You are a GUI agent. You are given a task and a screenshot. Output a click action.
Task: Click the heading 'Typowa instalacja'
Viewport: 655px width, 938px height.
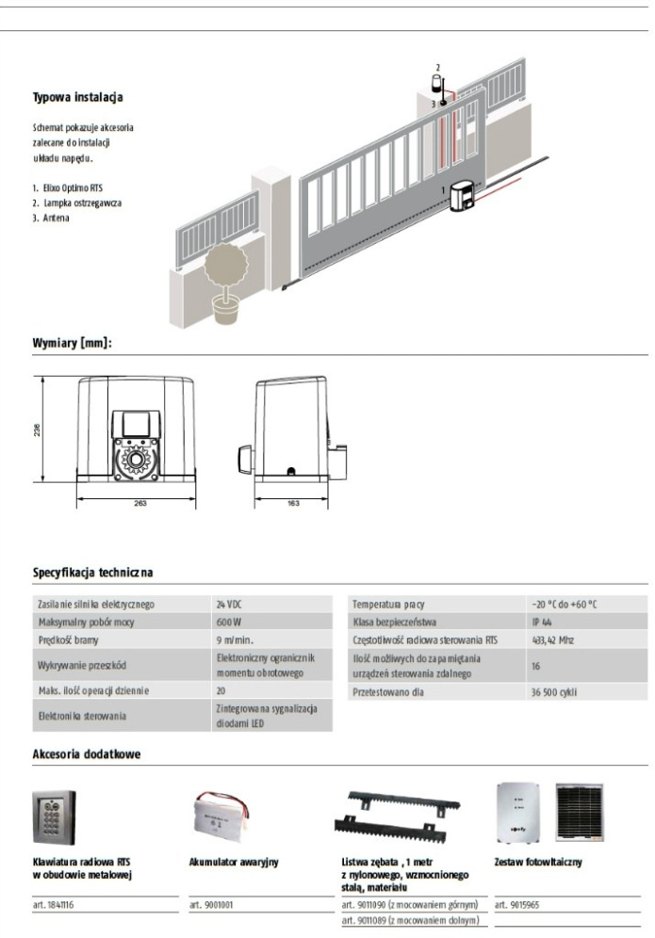78,97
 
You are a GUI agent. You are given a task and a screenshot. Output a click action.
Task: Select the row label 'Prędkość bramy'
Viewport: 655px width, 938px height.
68,640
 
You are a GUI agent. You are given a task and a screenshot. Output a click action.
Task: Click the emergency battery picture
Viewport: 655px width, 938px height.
222,816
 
